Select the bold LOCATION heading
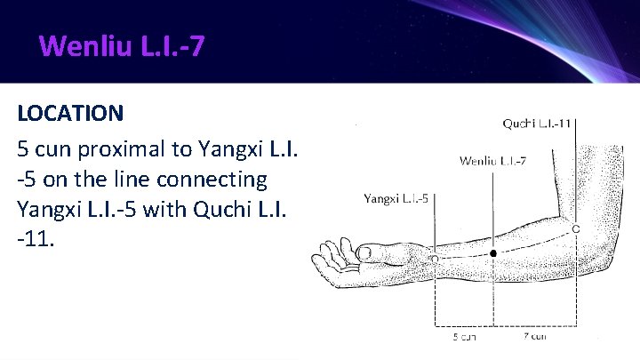point(71,114)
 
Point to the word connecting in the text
point(212,179)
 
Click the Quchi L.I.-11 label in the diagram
point(537,124)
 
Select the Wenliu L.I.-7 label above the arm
point(493,161)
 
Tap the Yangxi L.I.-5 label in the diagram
point(396,198)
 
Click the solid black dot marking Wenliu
point(493,253)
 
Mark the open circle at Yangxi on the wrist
point(435,258)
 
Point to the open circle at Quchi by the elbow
point(576,229)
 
